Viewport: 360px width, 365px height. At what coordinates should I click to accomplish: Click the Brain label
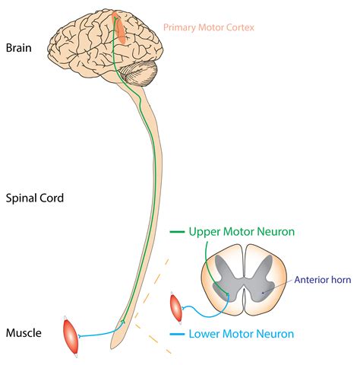[19, 48]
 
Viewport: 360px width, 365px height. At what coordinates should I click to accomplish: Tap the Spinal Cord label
[35, 198]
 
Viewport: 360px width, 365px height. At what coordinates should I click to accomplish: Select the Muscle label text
[24, 333]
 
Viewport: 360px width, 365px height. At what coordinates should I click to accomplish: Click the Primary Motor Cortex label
[209, 27]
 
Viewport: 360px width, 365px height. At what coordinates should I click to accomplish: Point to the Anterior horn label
[323, 280]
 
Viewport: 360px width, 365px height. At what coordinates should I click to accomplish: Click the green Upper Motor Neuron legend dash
[177, 231]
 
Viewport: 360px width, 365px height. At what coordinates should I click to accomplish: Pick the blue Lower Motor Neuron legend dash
[177, 335]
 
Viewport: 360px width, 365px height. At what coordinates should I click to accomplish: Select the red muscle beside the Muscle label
[71, 336]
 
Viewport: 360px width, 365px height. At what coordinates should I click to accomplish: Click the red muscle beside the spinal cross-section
[176, 308]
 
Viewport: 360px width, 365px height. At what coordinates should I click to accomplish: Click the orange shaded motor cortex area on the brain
[119, 27]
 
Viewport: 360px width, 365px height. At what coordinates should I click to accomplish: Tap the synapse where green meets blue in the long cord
[124, 321]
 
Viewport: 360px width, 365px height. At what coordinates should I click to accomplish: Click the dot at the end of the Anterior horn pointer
[263, 293]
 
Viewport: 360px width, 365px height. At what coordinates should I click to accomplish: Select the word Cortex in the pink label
[240, 27]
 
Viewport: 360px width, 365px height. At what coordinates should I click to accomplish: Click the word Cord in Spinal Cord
[53, 198]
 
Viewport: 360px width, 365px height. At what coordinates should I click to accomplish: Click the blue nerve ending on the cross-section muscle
[183, 308]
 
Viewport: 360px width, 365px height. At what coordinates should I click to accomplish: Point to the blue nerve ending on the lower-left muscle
[80, 336]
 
